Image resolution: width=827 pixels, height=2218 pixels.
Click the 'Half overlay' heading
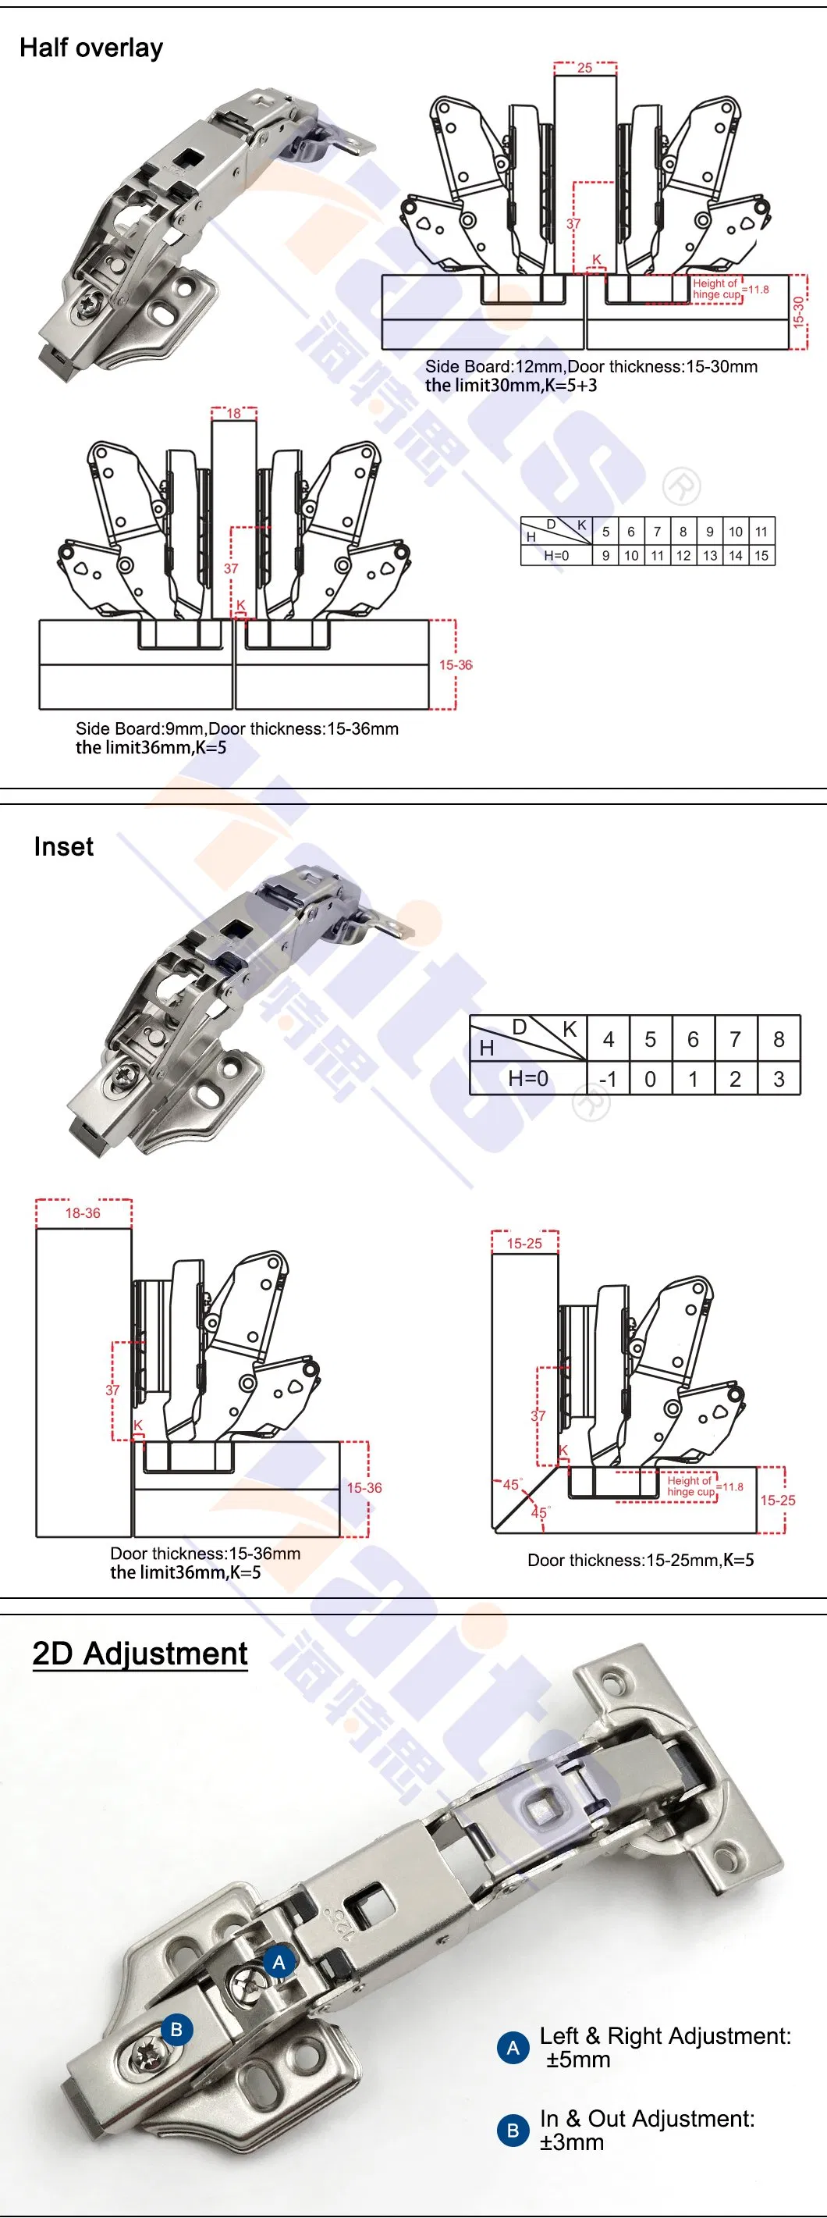pos(91,48)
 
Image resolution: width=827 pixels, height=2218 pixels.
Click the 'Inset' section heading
pos(63,846)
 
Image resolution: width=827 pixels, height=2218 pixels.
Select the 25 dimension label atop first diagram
pos(584,68)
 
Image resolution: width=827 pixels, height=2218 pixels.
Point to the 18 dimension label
pos(233,413)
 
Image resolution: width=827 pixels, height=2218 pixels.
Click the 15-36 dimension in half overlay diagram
pos(455,664)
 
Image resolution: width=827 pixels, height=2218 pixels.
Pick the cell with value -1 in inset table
pos(608,1079)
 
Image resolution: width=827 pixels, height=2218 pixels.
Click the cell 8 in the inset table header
pos(778,1039)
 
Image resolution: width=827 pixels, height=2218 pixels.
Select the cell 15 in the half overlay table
pos(761,555)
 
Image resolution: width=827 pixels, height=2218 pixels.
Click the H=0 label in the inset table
pos(527,1078)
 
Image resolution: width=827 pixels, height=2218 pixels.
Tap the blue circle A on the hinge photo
pos(279,1962)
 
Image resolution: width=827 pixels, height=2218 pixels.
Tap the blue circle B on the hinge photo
pos(176,2029)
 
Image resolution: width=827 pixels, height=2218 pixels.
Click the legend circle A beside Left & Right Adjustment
pos(513,2048)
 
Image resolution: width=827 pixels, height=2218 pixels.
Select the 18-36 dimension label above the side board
pos(83,1213)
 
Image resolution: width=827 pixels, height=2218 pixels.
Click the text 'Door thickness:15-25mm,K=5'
pos(641,1560)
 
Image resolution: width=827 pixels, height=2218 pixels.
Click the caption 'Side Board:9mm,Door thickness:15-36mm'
pos(236,728)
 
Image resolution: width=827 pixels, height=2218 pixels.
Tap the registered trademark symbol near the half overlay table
pos(680,487)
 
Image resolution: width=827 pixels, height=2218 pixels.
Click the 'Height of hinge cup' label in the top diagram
pos(716,288)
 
